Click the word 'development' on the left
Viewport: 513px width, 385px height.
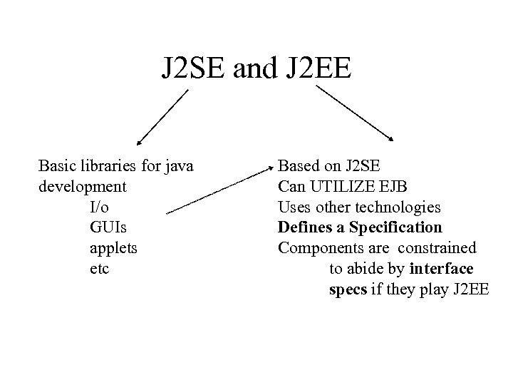(81, 188)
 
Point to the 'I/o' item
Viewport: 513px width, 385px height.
(100, 208)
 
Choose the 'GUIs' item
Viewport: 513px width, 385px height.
(105, 229)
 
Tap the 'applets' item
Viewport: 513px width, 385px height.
(113, 250)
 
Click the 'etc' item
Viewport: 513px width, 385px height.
(100, 270)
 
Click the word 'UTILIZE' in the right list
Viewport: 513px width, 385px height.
(336, 188)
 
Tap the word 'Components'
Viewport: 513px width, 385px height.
(316, 250)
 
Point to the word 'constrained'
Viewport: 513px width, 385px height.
(437, 250)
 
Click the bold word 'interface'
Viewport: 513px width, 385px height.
(442, 270)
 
